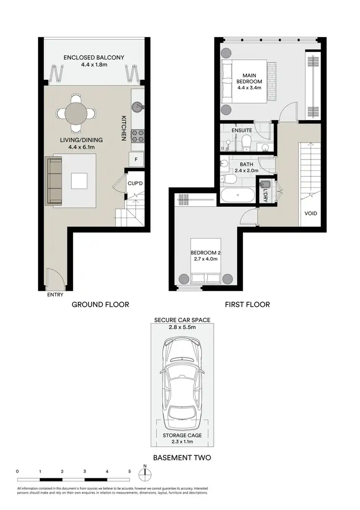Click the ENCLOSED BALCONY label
94,58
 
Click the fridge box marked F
136,159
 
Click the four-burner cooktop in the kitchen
138,136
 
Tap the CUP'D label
133,183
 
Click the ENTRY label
55,295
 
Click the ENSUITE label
241,130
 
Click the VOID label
311,214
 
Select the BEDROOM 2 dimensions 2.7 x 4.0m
205,259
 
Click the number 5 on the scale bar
129,472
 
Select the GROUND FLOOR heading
100,304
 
